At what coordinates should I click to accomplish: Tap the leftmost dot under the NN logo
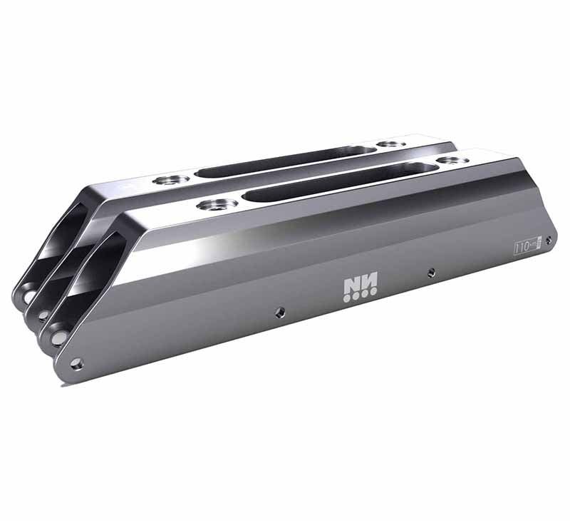[x=346, y=298]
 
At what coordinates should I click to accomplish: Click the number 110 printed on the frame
[x=523, y=247]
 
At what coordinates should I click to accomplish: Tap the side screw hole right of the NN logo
[x=431, y=272]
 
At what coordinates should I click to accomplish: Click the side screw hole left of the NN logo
[x=279, y=311]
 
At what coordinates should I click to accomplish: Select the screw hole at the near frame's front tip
[x=77, y=364]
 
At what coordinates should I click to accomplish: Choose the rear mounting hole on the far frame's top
[x=391, y=144]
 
